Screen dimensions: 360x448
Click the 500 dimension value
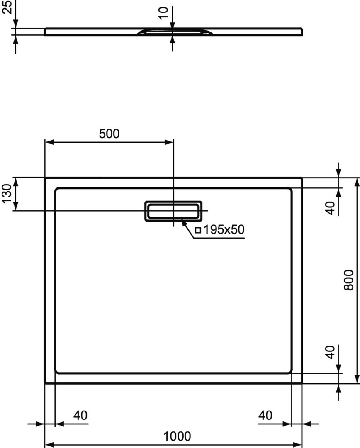pos(109,134)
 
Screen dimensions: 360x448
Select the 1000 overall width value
pos(177,436)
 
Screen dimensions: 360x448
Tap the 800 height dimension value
pos(348,280)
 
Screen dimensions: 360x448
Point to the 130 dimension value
pos(7,194)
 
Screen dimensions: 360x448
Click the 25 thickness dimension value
pos(7,7)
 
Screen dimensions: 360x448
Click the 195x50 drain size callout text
pos(224,229)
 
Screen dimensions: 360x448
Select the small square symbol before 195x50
pos(198,230)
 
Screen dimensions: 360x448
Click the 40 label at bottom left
pos(80,415)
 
